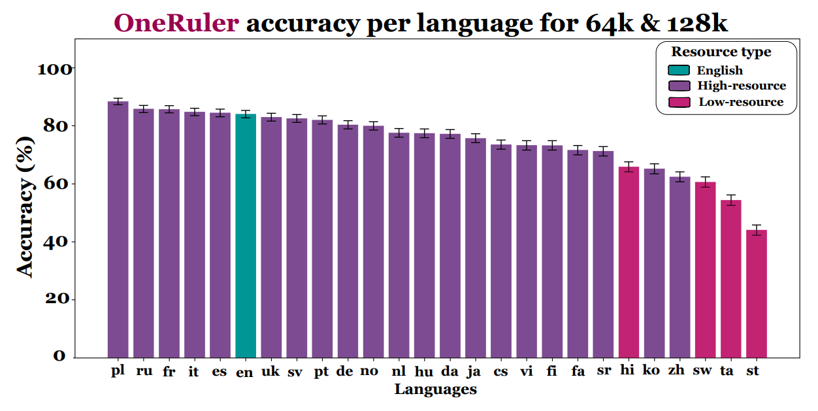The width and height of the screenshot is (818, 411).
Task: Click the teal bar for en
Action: click(x=246, y=235)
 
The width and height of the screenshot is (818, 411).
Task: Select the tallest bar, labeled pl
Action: click(x=118, y=229)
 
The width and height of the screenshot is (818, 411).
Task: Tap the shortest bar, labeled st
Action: click(x=757, y=293)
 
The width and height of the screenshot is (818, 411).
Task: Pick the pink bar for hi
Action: click(x=629, y=262)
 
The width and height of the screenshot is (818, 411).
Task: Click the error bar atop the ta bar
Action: click(x=731, y=200)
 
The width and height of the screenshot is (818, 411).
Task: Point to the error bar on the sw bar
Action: click(x=706, y=182)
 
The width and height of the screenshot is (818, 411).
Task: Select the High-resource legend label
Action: click(x=742, y=86)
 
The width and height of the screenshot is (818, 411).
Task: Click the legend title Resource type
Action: click(x=721, y=52)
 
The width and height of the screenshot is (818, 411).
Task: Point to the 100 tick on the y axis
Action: click(x=55, y=69)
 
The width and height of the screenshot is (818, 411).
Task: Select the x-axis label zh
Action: click(x=676, y=371)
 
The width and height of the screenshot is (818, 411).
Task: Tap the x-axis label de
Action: click(x=344, y=371)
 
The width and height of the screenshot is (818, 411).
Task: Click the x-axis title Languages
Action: click(x=435, y=390)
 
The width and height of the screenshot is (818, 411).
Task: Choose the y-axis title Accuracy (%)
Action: click(x=25, y=206)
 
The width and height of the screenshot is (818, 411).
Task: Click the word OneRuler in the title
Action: click(x=176, y=24)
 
